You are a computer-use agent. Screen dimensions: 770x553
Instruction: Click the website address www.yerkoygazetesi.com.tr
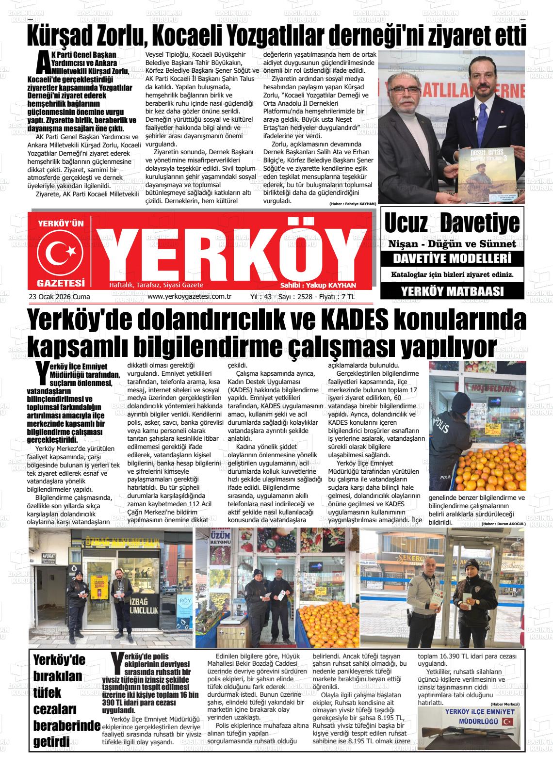click(x=189, y=296)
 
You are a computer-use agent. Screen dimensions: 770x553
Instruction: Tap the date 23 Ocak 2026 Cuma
click(x=60, y=297)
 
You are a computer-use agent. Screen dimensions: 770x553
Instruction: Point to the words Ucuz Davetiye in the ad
click(x=452, y=224)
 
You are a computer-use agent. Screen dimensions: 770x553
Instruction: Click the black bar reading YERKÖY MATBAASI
click(x=452, y=291)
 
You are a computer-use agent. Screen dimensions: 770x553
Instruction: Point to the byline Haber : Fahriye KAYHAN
click(x=352, y=204)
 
